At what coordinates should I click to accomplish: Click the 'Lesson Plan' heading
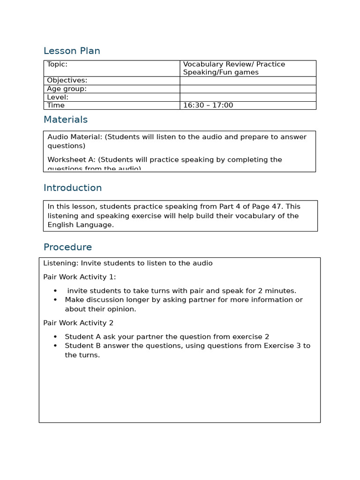point(72,51)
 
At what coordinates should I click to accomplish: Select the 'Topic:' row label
point(57,64)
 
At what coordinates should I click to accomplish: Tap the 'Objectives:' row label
point(67,81)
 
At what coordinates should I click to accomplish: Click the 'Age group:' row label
point(67,89)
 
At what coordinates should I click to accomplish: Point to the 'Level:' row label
point(58,97)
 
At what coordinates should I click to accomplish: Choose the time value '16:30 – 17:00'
point(208,105)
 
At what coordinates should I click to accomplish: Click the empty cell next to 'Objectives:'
point(247,81)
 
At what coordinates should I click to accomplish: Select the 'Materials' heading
point(66,120)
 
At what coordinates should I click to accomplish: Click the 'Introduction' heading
point(73,188)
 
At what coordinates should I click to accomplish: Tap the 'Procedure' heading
point(67,247)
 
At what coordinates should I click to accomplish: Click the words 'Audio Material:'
point(75,137)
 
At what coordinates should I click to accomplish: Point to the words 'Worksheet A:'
point(71,160)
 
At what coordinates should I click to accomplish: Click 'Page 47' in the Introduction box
point(268,206)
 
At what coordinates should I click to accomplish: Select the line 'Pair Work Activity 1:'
point(79,277)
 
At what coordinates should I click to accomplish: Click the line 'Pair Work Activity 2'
point(78,323)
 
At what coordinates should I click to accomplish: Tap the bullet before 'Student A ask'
point(55,337)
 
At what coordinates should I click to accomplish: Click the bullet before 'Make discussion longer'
point(55,300)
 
